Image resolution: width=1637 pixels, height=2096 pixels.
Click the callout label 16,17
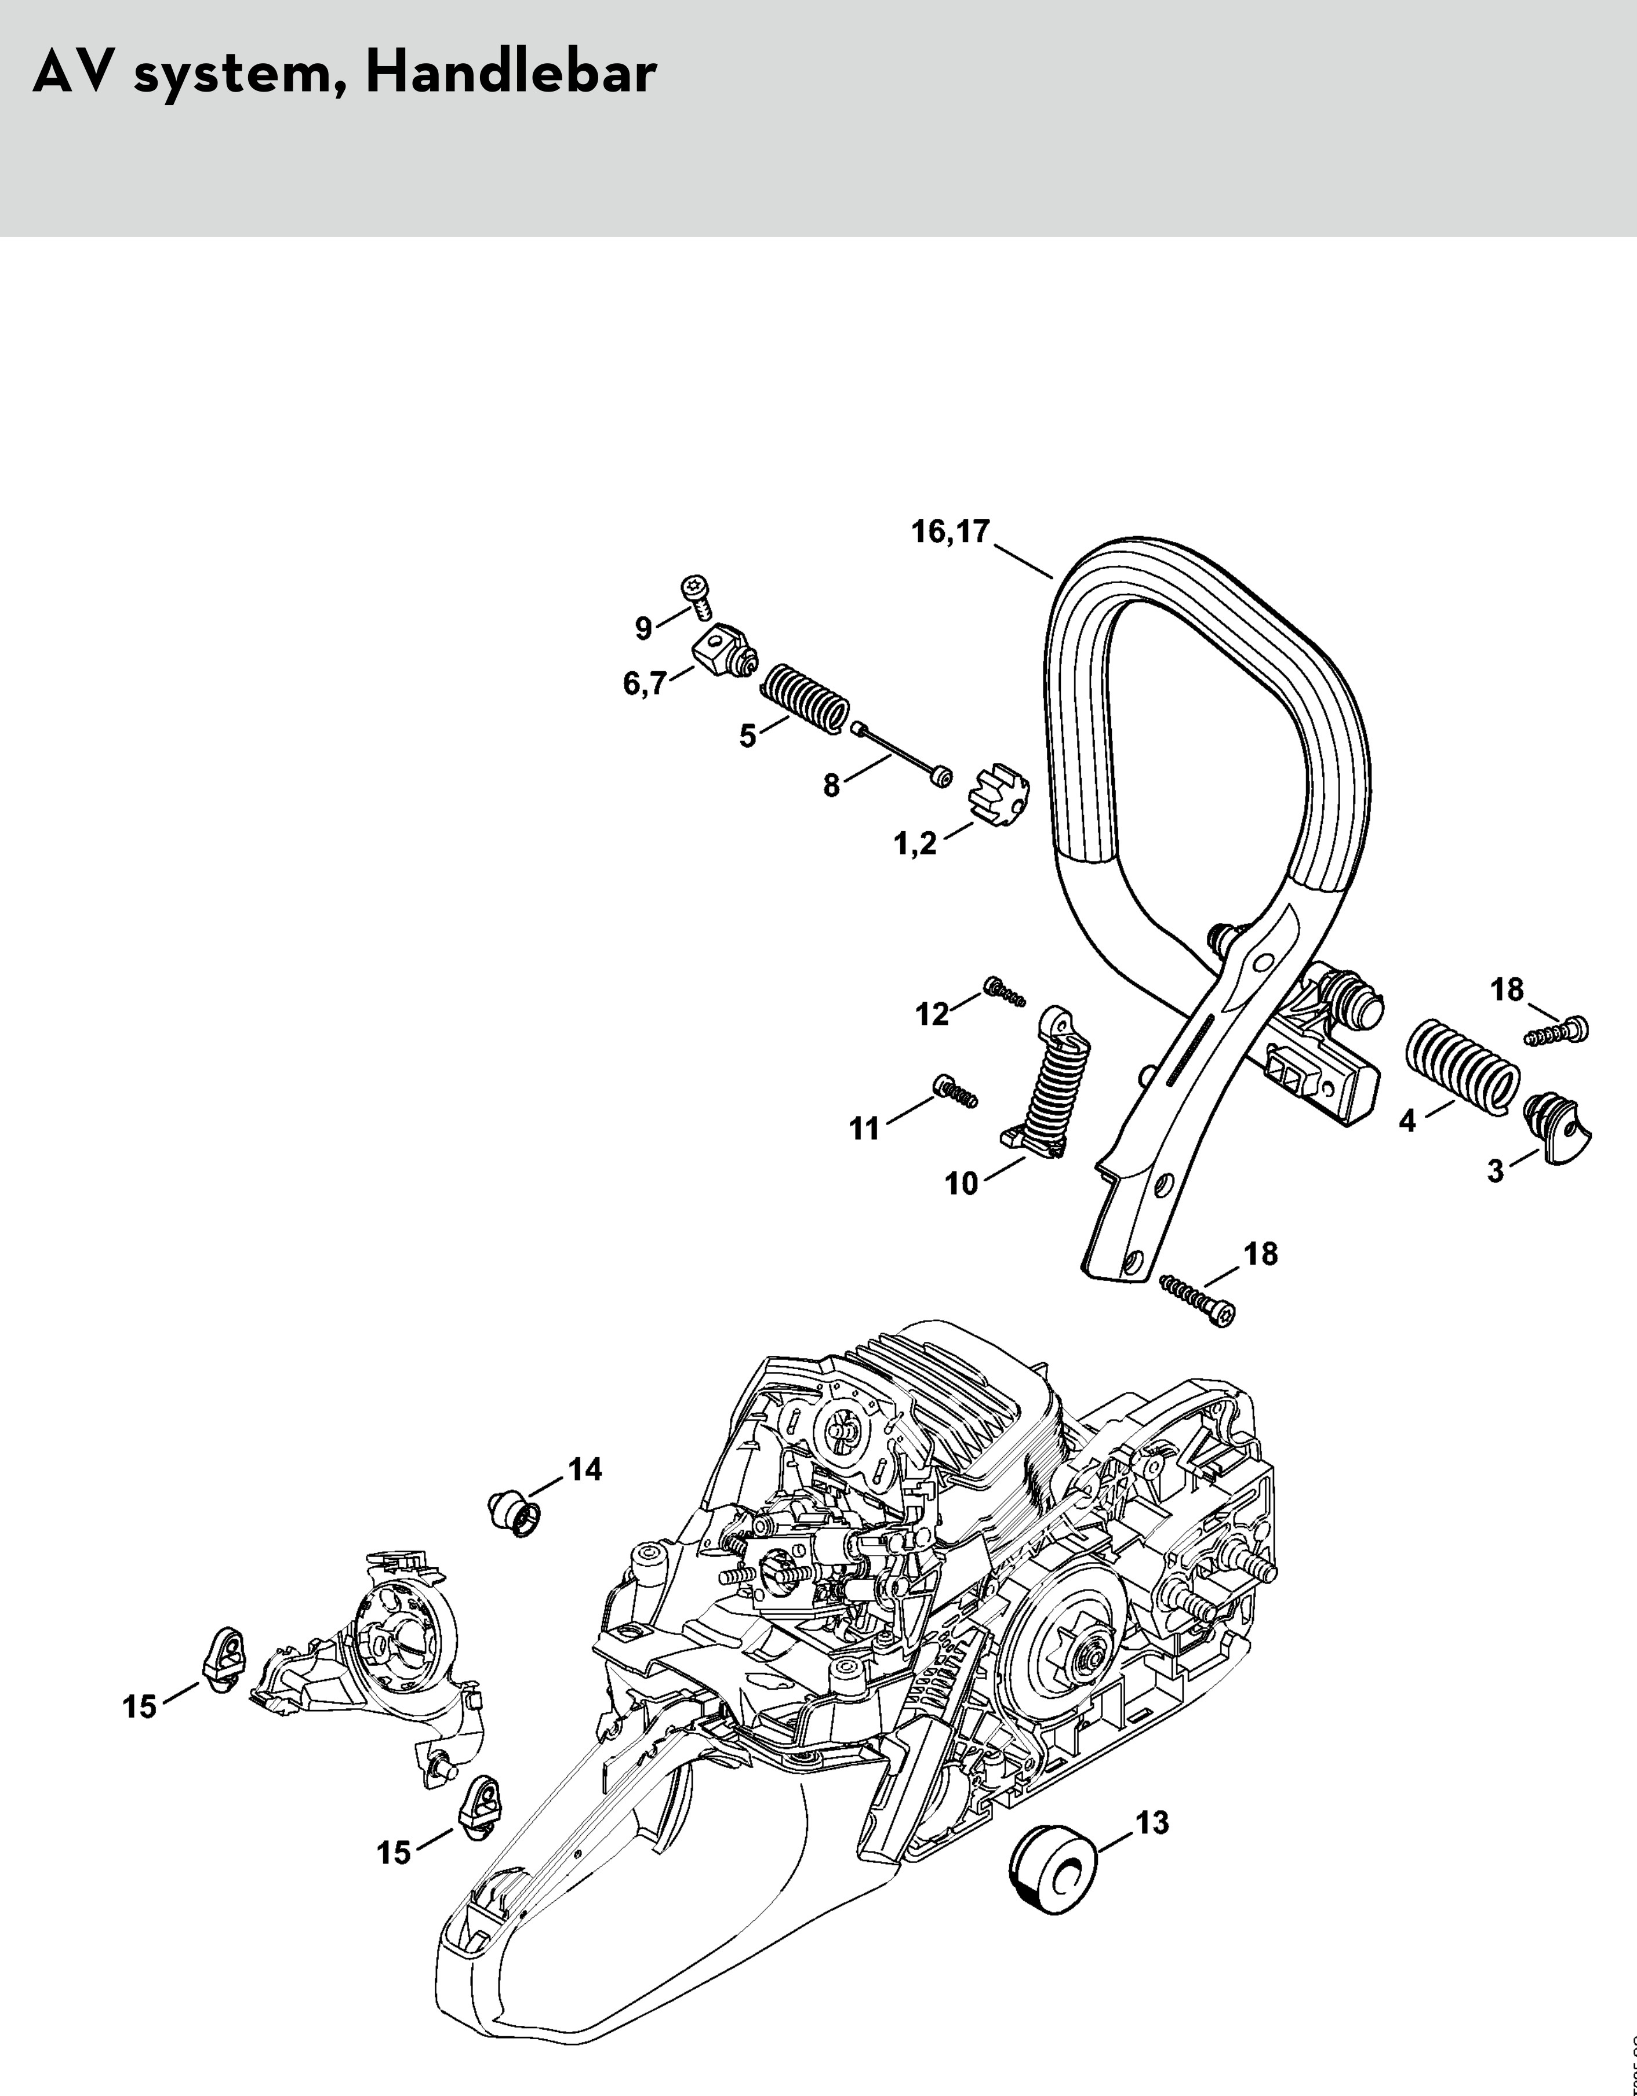(x=950, y=532)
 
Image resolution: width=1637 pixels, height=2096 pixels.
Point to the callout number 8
(x=831, y=786)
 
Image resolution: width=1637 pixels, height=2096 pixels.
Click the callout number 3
(x=1495, y=1173)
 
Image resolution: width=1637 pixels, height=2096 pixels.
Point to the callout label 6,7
(x=645, y=685)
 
